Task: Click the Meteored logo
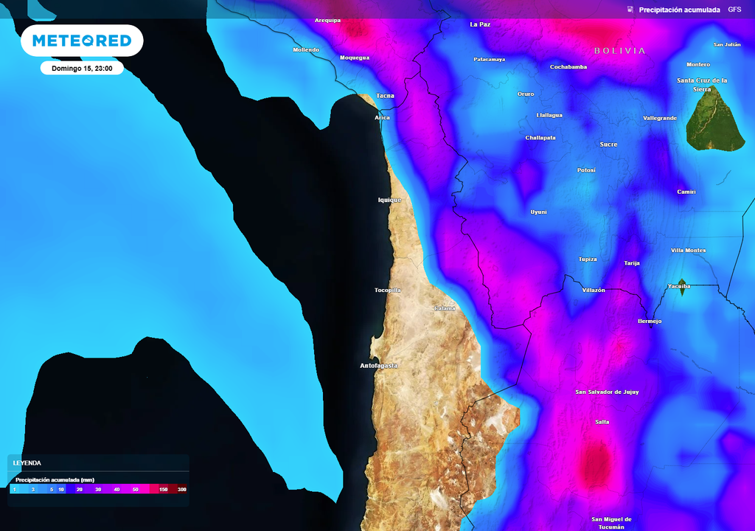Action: pyautogui.click(x=82, y=41)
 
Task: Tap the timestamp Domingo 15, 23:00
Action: pyautogui.click(x=82, y=69)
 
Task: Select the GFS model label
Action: pyautogui.click(x=734, y=10)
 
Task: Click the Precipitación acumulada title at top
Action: pyautogui.click(x=679, y=10)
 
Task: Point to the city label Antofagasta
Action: pyautogui.click(x=379, y=366)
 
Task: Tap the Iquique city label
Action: pyautogui.click(x=389, y=200)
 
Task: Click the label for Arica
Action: pyautogui.click(x=382, y=118)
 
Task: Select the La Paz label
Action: pyautogui.click(x=480, y=24)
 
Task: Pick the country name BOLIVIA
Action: pyautogui.click(x=619, y=51)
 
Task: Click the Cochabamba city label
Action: pyautogui.click(x=568, y=67)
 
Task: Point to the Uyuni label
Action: pyautogui.click(x=539, y=212)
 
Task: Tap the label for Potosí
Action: pyautogui.click(x=586, y=170)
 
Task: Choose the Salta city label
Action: pyautogui.click(x=602, y=422)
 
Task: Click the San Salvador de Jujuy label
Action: pyautogui.click(x=607, y=392)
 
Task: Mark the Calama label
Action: pyautogui.click(x=445, y=308)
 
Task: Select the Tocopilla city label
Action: pyautogui.click(x=388, y=291)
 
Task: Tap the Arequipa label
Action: pyautogui.click(x=328, y=21)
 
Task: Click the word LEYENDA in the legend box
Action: pyautogui.click(x=27, y=462)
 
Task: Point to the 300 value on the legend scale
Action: pyautogui.click(x=181, y=490)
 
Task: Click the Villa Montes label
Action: pyautogui.click(x=688, y=251)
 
